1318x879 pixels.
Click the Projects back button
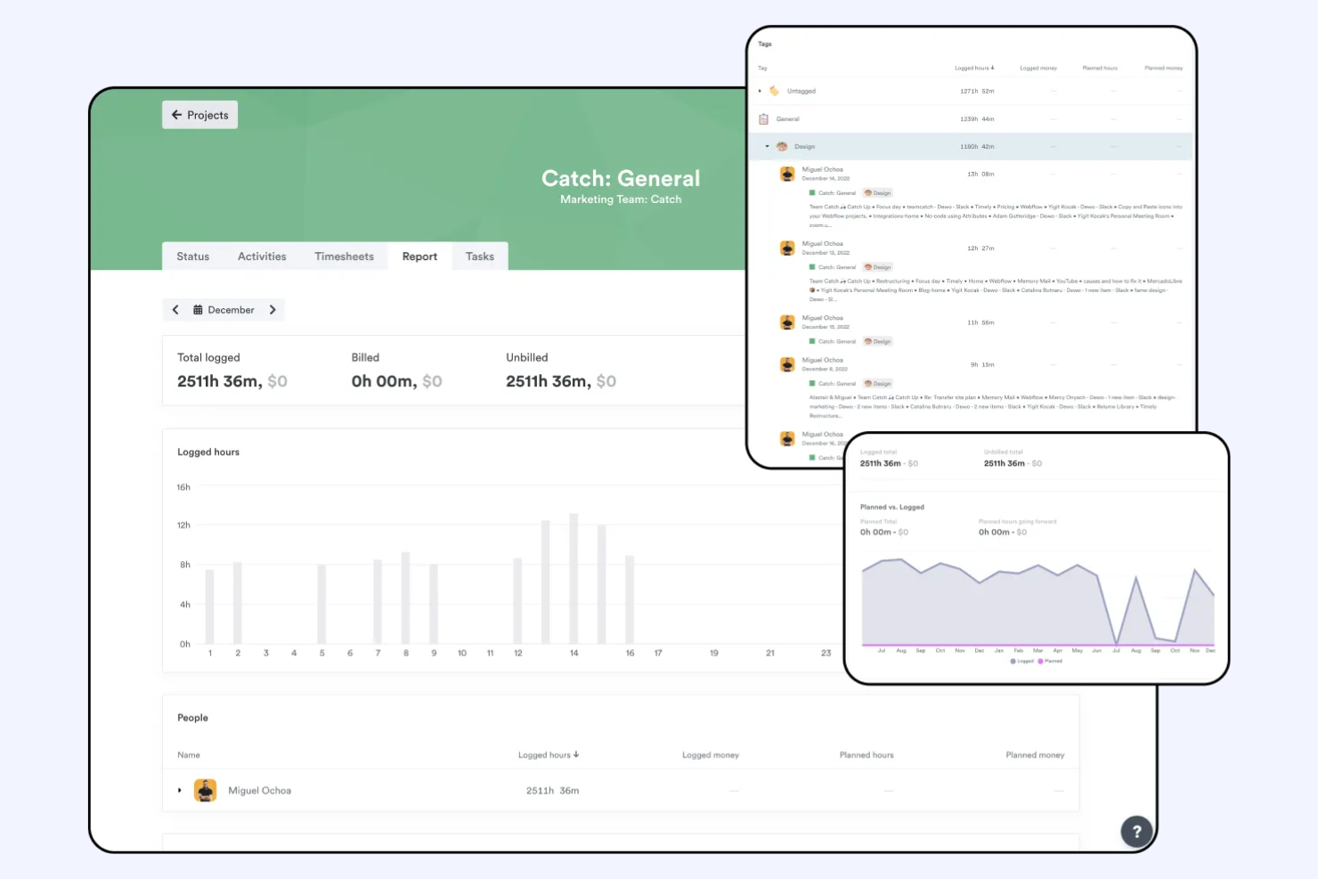coord(199,115)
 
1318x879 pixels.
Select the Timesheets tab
coord(344,256)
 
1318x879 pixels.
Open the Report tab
coord(419,256)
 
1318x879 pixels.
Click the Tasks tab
coord(479,256)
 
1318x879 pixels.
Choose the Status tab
coord(192,256)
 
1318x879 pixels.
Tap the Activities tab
coord(262,256)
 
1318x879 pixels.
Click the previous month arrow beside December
coord(175,310)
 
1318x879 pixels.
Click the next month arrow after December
coord(273,310)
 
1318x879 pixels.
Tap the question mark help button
coord(1136,832)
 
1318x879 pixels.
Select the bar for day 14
coord(574,579)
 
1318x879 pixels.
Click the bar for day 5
coord(321,604)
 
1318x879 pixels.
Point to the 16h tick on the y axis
coord(183,487)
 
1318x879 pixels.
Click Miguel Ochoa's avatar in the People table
coord(206,790)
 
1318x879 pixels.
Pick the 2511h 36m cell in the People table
coord(552,791)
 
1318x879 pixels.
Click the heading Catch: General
coord(621,179)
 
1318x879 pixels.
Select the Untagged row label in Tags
coord(801,91)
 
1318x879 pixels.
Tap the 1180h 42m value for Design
coord(977,147)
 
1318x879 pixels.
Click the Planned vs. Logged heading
coord(891,508)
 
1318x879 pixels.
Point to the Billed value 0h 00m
coord(384,381)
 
